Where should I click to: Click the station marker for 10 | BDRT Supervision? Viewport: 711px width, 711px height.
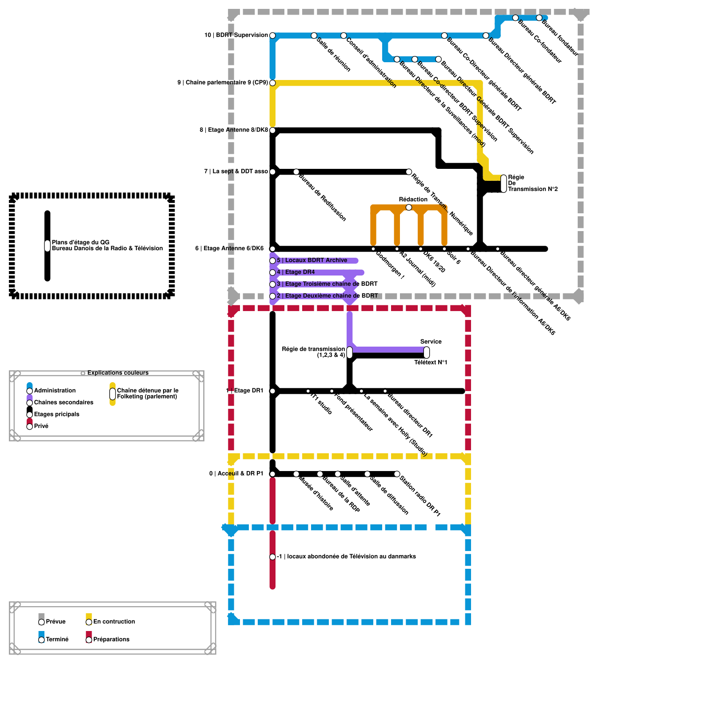(x=272, y=36)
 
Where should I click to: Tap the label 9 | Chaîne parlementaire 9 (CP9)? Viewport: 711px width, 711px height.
(x=222, y=83)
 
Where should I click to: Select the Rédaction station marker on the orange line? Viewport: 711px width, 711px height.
(x=409, y=208)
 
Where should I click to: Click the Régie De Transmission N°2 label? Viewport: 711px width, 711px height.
(x=532, y=183)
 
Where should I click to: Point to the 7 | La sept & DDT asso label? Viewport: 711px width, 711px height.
(x=236, y=172)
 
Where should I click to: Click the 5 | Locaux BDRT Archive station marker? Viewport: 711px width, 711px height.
(x=272, y=261)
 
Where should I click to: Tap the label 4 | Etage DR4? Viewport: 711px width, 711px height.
(x=296, y=272)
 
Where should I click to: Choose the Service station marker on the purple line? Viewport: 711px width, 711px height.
(x=427, y=352)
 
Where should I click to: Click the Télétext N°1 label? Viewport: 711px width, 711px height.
(x=431, y=363)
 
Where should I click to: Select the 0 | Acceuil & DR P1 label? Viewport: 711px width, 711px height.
(x=236, y=474)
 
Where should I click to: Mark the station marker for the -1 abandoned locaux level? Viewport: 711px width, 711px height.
(x=272, y=557)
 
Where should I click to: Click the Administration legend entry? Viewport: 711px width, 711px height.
(x=55, y=391)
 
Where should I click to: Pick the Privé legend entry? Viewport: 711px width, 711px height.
(x=41, y=426)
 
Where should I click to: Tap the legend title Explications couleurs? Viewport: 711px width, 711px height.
(x=118, y=373)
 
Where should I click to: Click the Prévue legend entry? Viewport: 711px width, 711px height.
(x=56, y=622)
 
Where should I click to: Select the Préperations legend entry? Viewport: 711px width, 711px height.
(x=111, y=639)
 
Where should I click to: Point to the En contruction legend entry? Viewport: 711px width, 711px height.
(x=114, y=622)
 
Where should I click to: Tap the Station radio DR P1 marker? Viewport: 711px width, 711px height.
(x=397, y=474)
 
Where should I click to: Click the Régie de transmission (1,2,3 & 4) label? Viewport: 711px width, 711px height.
(x=313, y=352)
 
